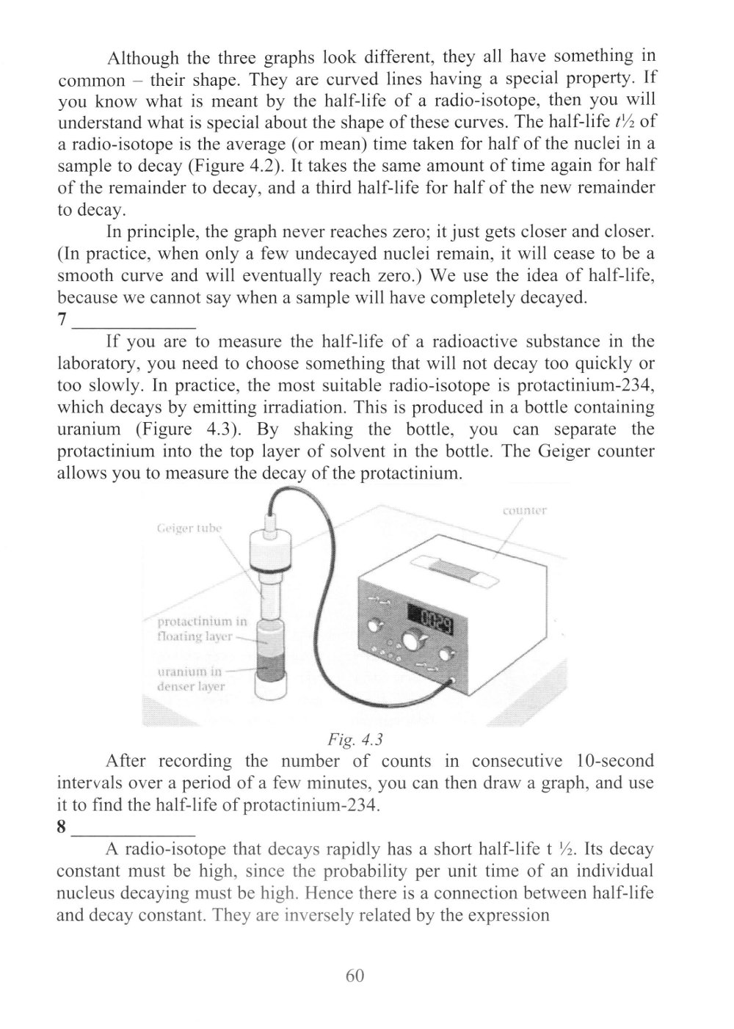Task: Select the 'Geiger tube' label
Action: pyautogui.click(x=189, y=528)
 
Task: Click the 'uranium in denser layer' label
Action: pyautogui.click(x=191, y=679)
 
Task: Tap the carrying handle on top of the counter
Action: pyautogui.click(x=457, y=569)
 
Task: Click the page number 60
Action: pyautogui.click(x=354, y=975)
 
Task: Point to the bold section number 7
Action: pyautogui.click(x=62, y=320)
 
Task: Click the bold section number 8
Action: pyautogui.click(x=62, y=828)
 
